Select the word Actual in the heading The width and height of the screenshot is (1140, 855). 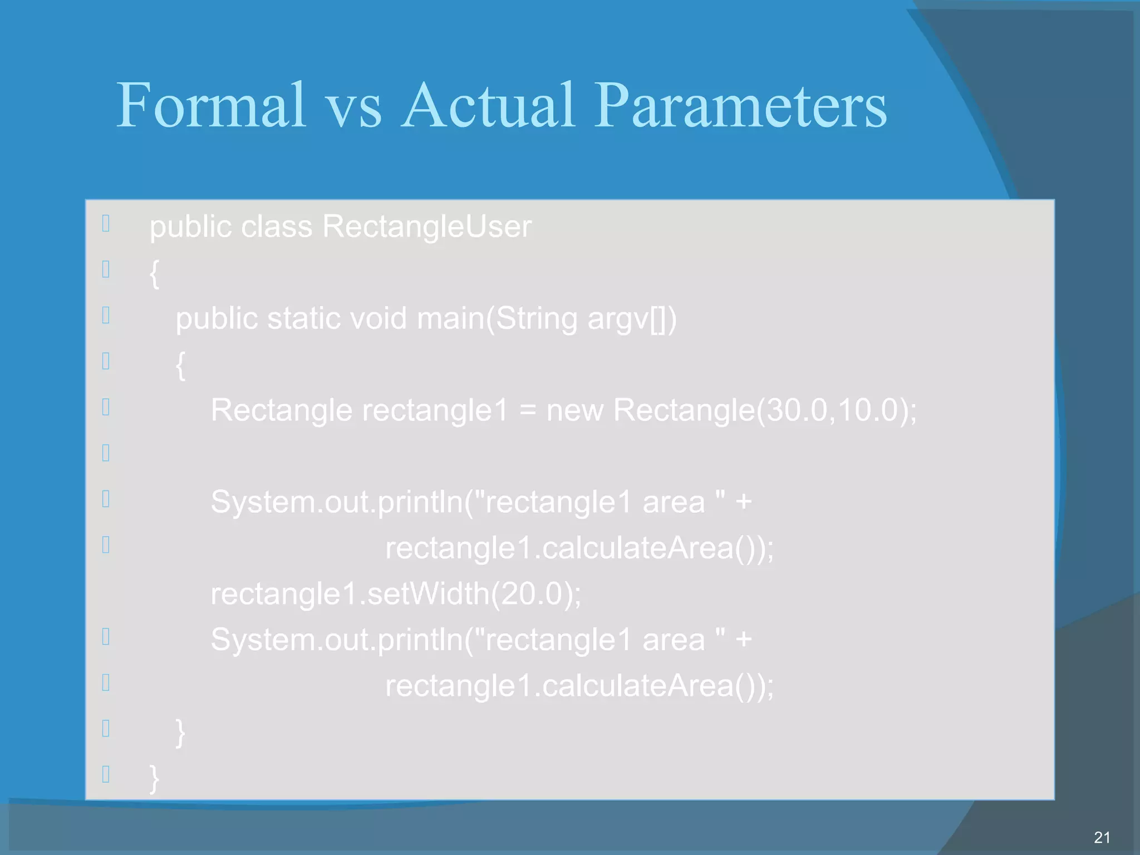click(488, 106)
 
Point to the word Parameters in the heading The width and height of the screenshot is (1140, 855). click(740, 106)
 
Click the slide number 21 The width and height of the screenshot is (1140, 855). click(1102, 837)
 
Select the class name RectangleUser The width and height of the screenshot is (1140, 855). click(427, 227)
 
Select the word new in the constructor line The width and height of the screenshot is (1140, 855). click(574, 411)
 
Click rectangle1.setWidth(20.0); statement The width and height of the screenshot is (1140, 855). click(396, 593)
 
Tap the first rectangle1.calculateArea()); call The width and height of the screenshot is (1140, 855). click(579, 548)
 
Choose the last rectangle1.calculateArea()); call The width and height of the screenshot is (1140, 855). click(579, 685)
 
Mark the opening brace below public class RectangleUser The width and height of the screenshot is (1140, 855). click(154, 273)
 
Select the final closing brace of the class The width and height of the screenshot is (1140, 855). click(154, 778)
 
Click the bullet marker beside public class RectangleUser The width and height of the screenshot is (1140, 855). click(106, 223)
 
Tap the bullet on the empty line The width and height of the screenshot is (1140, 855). click(106, 453)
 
